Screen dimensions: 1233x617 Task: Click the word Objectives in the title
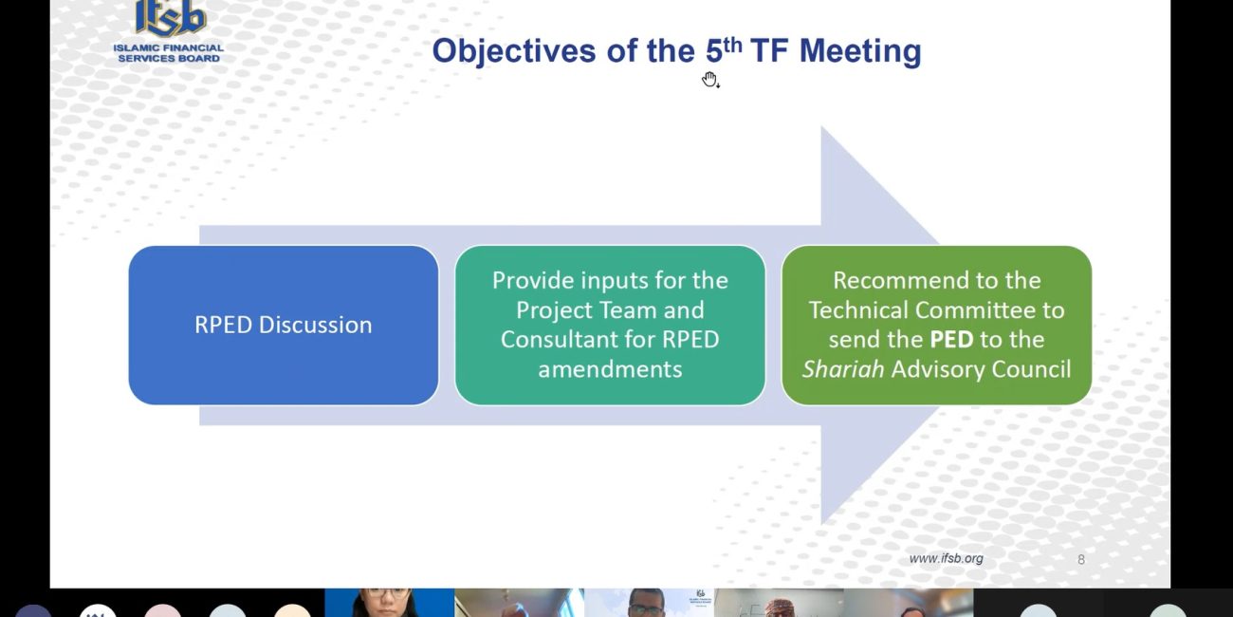[x=513, y=51]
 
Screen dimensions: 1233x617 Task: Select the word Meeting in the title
[x=860, y=51]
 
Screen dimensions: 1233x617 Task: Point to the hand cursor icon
[x=710, y=80]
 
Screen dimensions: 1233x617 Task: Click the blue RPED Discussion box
[x=284, y=325]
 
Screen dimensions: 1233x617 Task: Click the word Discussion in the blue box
[x=316, y=325]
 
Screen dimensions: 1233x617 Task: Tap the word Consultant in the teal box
[x=578, y=340]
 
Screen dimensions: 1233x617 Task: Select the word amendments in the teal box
[x=610, y=369]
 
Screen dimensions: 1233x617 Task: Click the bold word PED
[x=951, y=340]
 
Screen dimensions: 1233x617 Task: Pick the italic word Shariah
[x=843, y=369]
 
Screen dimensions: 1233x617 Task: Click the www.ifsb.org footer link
[x=946, y=558]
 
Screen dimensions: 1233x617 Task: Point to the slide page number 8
[x=1081, y=560]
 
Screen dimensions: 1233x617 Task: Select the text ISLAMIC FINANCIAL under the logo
[x=169, y=47]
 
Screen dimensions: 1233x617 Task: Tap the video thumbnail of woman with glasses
[x=389, y=603]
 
